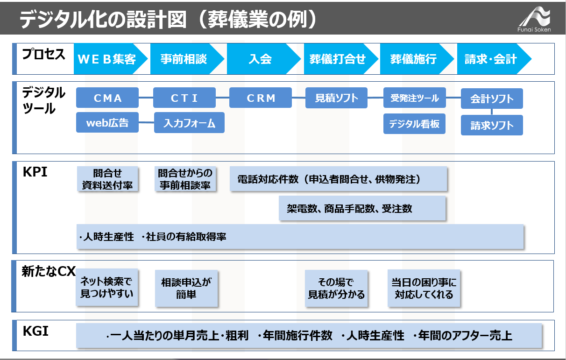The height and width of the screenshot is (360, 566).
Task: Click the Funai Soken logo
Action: click(534, 19)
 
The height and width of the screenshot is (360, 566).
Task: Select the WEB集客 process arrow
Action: click(110, 59)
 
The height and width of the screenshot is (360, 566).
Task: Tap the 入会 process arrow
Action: click(263, 59)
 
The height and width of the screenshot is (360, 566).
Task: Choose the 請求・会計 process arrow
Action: click(494, 59)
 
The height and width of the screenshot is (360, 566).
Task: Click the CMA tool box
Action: click(107, 98)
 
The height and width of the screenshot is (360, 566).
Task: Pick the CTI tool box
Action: click(184, 98)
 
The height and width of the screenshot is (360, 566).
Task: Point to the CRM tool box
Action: click(261, 98)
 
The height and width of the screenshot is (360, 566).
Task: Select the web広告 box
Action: click(107, 122)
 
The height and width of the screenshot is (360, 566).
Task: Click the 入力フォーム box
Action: click(189, 123)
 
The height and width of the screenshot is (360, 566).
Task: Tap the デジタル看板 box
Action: click(414, 124)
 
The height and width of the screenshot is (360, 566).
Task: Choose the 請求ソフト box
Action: click(492, 125)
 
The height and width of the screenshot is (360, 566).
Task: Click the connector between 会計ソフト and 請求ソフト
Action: click(492, 112)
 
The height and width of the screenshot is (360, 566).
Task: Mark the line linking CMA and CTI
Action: click(146, 98)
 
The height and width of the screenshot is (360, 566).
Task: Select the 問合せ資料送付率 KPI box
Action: click(107, 179)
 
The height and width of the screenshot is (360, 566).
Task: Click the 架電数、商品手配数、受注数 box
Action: click(362, 208)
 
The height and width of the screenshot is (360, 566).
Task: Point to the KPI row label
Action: click(35, 172)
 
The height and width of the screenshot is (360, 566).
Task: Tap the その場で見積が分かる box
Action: click(336, 289)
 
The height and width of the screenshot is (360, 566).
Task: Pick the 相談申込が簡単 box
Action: click(186, 289)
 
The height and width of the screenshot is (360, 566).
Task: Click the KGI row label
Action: click(35, 331)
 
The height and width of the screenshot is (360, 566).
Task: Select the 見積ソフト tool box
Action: click(336, 98)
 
